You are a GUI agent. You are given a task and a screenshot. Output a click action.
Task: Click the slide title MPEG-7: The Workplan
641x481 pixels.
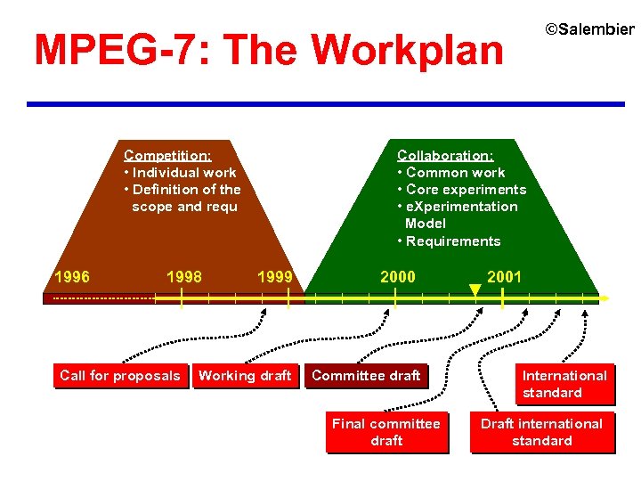click(268, 51)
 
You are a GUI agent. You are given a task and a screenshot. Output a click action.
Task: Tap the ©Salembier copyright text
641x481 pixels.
click(589, 29)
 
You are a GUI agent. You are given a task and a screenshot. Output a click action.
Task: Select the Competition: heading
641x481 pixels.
click(167, 155)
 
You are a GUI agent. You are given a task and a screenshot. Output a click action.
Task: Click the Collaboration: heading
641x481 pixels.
click(445, 155)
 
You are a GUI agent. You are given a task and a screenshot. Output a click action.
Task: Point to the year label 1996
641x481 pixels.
click(71, 277)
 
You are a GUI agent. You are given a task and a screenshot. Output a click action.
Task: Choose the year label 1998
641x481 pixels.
click(184, 277)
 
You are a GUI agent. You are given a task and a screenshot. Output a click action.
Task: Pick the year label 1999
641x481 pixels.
click(275, 277)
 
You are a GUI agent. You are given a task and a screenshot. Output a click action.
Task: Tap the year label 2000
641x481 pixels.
click(398, 277)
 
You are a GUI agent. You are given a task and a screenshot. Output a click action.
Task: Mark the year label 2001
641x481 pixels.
click(505, 277)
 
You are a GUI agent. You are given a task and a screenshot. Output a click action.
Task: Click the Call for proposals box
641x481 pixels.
click(119, 376)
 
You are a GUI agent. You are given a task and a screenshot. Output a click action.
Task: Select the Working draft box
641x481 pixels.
click(245, 376)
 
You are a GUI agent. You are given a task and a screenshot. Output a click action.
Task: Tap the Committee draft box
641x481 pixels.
click(366, 376)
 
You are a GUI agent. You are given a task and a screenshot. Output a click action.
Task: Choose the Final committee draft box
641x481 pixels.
click(386, 432)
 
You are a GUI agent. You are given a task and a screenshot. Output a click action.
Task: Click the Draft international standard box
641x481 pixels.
click(541, 432)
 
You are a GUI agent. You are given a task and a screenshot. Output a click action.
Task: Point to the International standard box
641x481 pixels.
click(564, 384)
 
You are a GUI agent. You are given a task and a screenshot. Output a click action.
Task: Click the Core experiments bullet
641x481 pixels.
click(462, 190)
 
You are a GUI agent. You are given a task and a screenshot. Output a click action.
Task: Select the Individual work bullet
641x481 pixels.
click(181, 173)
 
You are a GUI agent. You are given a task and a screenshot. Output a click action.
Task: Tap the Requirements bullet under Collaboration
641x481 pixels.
click(450, 241)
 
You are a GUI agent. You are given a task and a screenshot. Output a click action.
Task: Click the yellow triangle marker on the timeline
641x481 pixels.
click(475, 289)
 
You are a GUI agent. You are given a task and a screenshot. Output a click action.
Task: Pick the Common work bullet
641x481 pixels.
click(451, 173)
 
